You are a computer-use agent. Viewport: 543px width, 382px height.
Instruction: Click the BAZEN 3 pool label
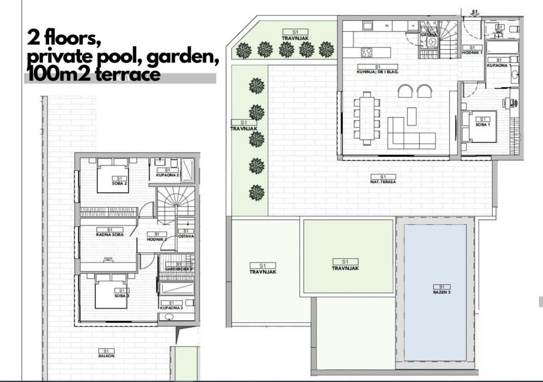coord(441,290)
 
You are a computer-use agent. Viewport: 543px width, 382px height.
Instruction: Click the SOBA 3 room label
coord(120,293)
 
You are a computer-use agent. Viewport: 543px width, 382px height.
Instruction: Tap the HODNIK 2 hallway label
coord(157,237)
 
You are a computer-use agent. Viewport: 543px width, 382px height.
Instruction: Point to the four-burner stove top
coord(367,53)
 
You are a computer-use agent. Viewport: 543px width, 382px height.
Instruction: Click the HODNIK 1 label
coord(472,49)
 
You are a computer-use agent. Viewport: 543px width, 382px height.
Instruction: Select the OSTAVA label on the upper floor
coord(186,233)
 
